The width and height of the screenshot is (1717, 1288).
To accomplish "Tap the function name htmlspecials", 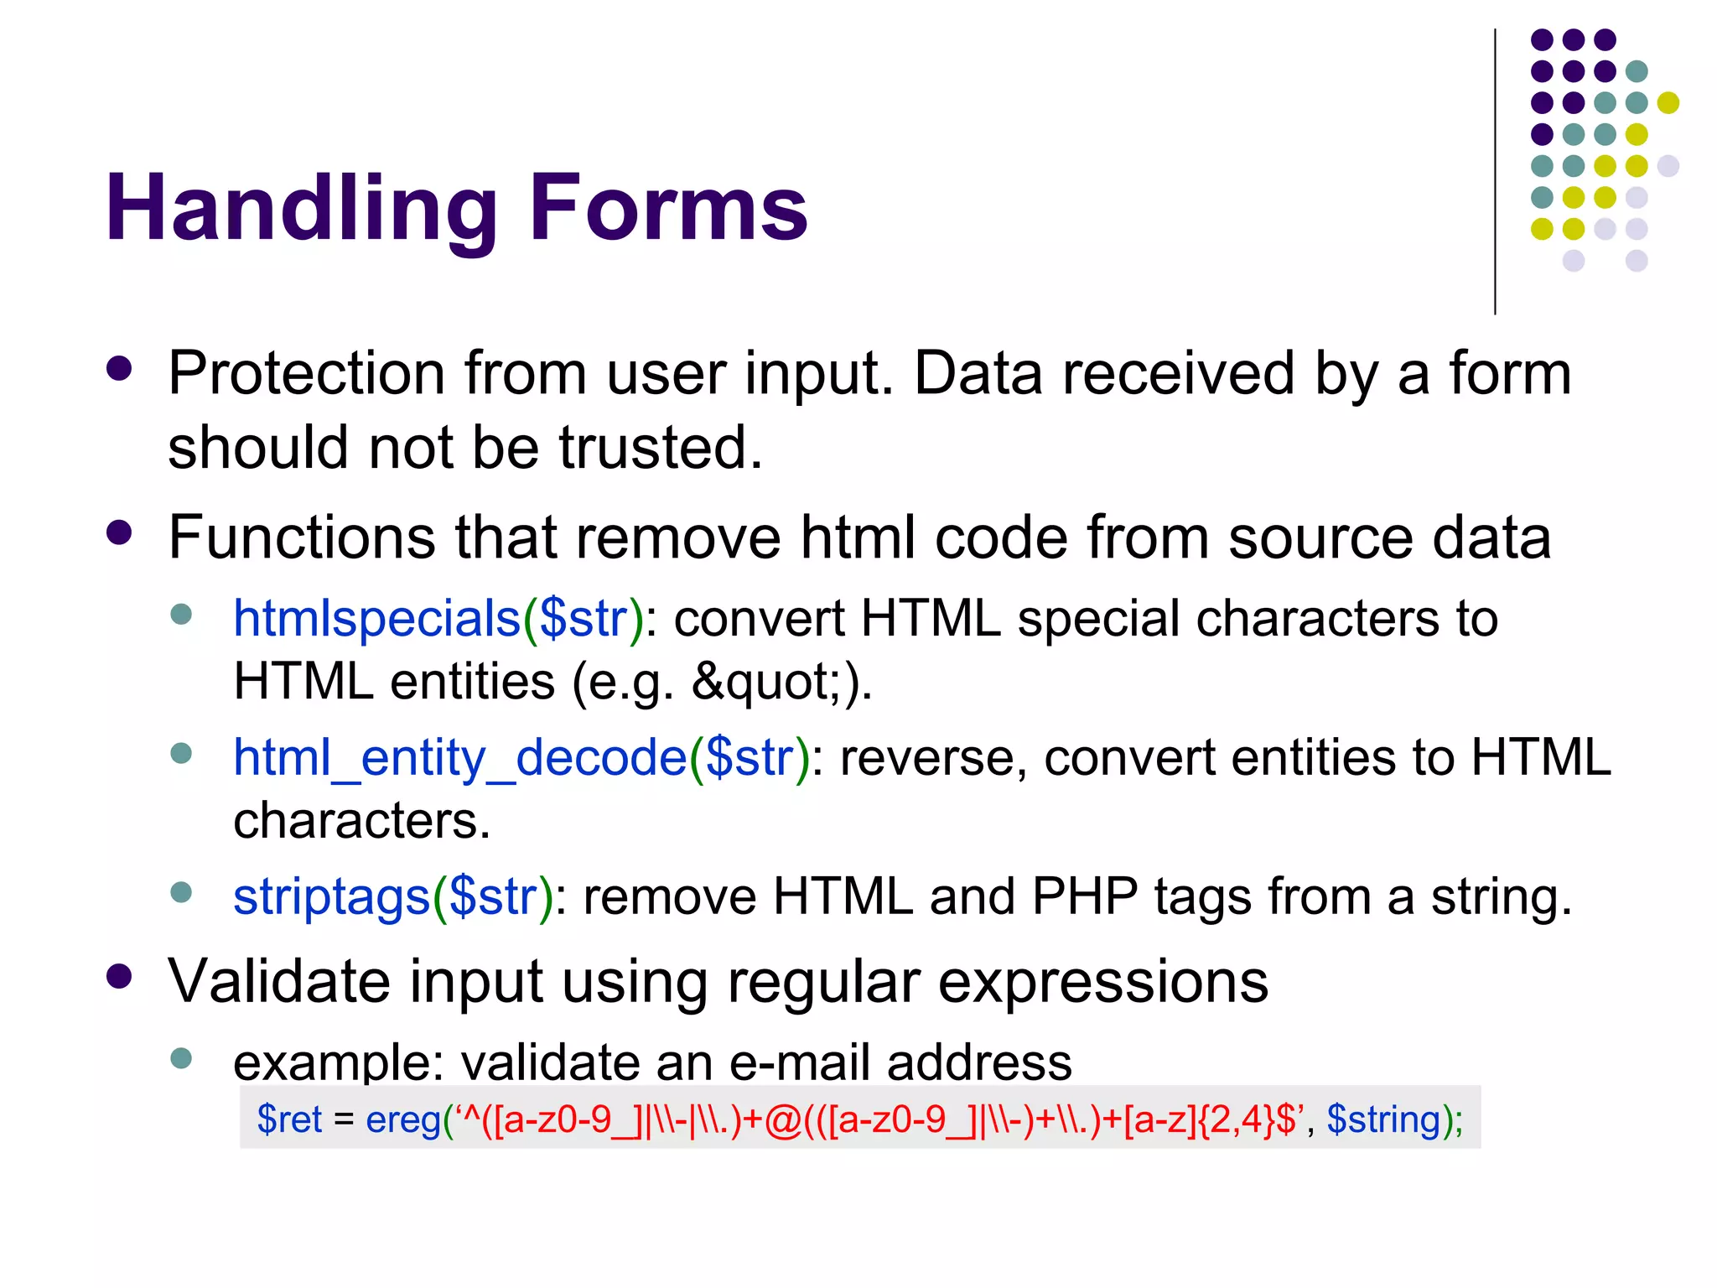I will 377,619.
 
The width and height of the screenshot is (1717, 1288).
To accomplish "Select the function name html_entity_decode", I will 459,758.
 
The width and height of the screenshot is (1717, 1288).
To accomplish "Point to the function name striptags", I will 332,896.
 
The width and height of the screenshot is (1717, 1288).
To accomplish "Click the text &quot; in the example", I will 765,681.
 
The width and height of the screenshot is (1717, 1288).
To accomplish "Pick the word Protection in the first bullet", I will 307,373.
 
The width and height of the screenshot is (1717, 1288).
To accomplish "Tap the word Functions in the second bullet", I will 302,537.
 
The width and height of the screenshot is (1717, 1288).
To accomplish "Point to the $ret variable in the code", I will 289,1119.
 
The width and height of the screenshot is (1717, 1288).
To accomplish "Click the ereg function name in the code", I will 404,1119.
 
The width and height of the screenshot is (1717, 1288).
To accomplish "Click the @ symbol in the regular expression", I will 784,1120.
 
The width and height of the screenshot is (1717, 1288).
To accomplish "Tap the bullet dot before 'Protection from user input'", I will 120,369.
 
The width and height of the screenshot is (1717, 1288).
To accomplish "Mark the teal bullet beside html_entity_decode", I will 181,753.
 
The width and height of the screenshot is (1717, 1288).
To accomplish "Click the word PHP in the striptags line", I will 1085,896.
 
